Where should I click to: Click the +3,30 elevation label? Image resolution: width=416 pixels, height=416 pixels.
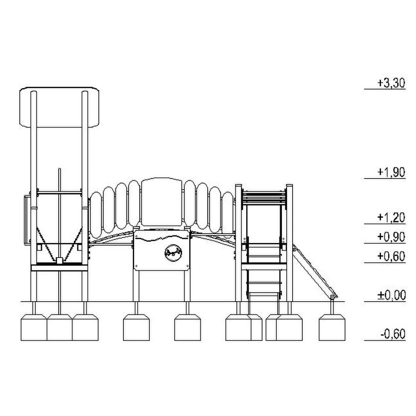tap(391, 83)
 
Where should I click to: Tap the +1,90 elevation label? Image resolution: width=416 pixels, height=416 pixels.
tap(391, 173)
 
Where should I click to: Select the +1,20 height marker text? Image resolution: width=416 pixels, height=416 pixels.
tap(391, 218)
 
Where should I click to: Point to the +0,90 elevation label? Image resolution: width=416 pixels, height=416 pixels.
tap(391, 237)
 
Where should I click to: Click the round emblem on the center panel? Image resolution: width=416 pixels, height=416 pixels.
tap(173, 253)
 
